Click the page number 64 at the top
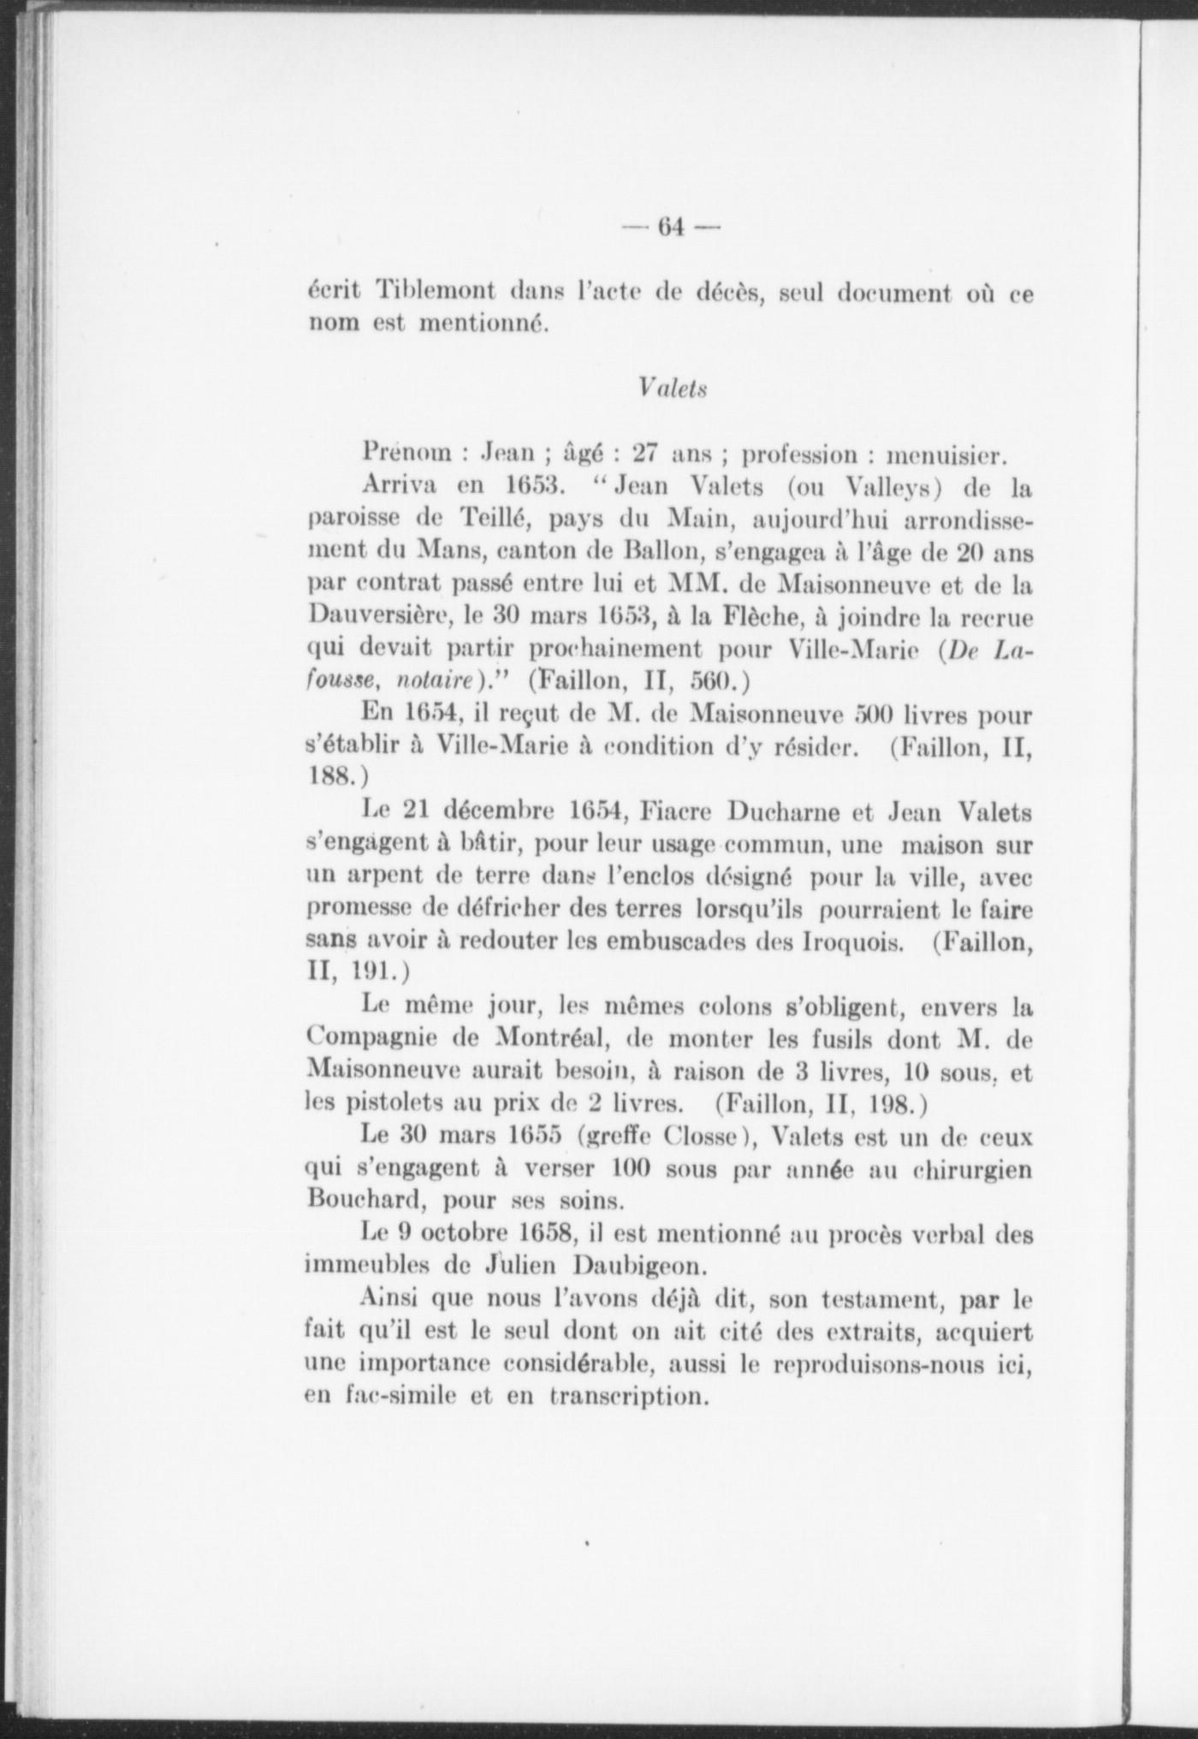tap(670, 229)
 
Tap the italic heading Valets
tap(672, 388)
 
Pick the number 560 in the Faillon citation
tap(711, 682)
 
